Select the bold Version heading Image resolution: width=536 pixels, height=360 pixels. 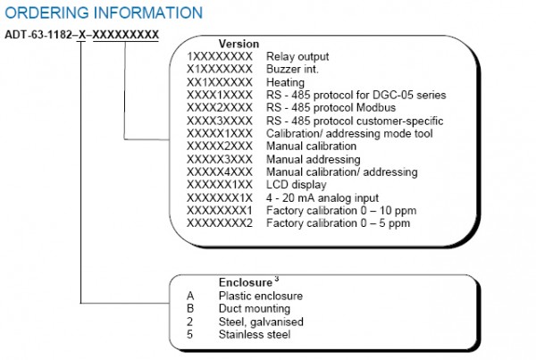tap(239, 44)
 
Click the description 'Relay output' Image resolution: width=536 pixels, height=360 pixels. tap(297, 56)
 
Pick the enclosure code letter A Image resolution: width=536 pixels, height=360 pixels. tap(190, 296)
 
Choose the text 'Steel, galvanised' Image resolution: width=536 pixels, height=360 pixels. tap(261, 322)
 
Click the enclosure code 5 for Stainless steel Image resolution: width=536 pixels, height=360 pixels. tap(190, 335)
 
